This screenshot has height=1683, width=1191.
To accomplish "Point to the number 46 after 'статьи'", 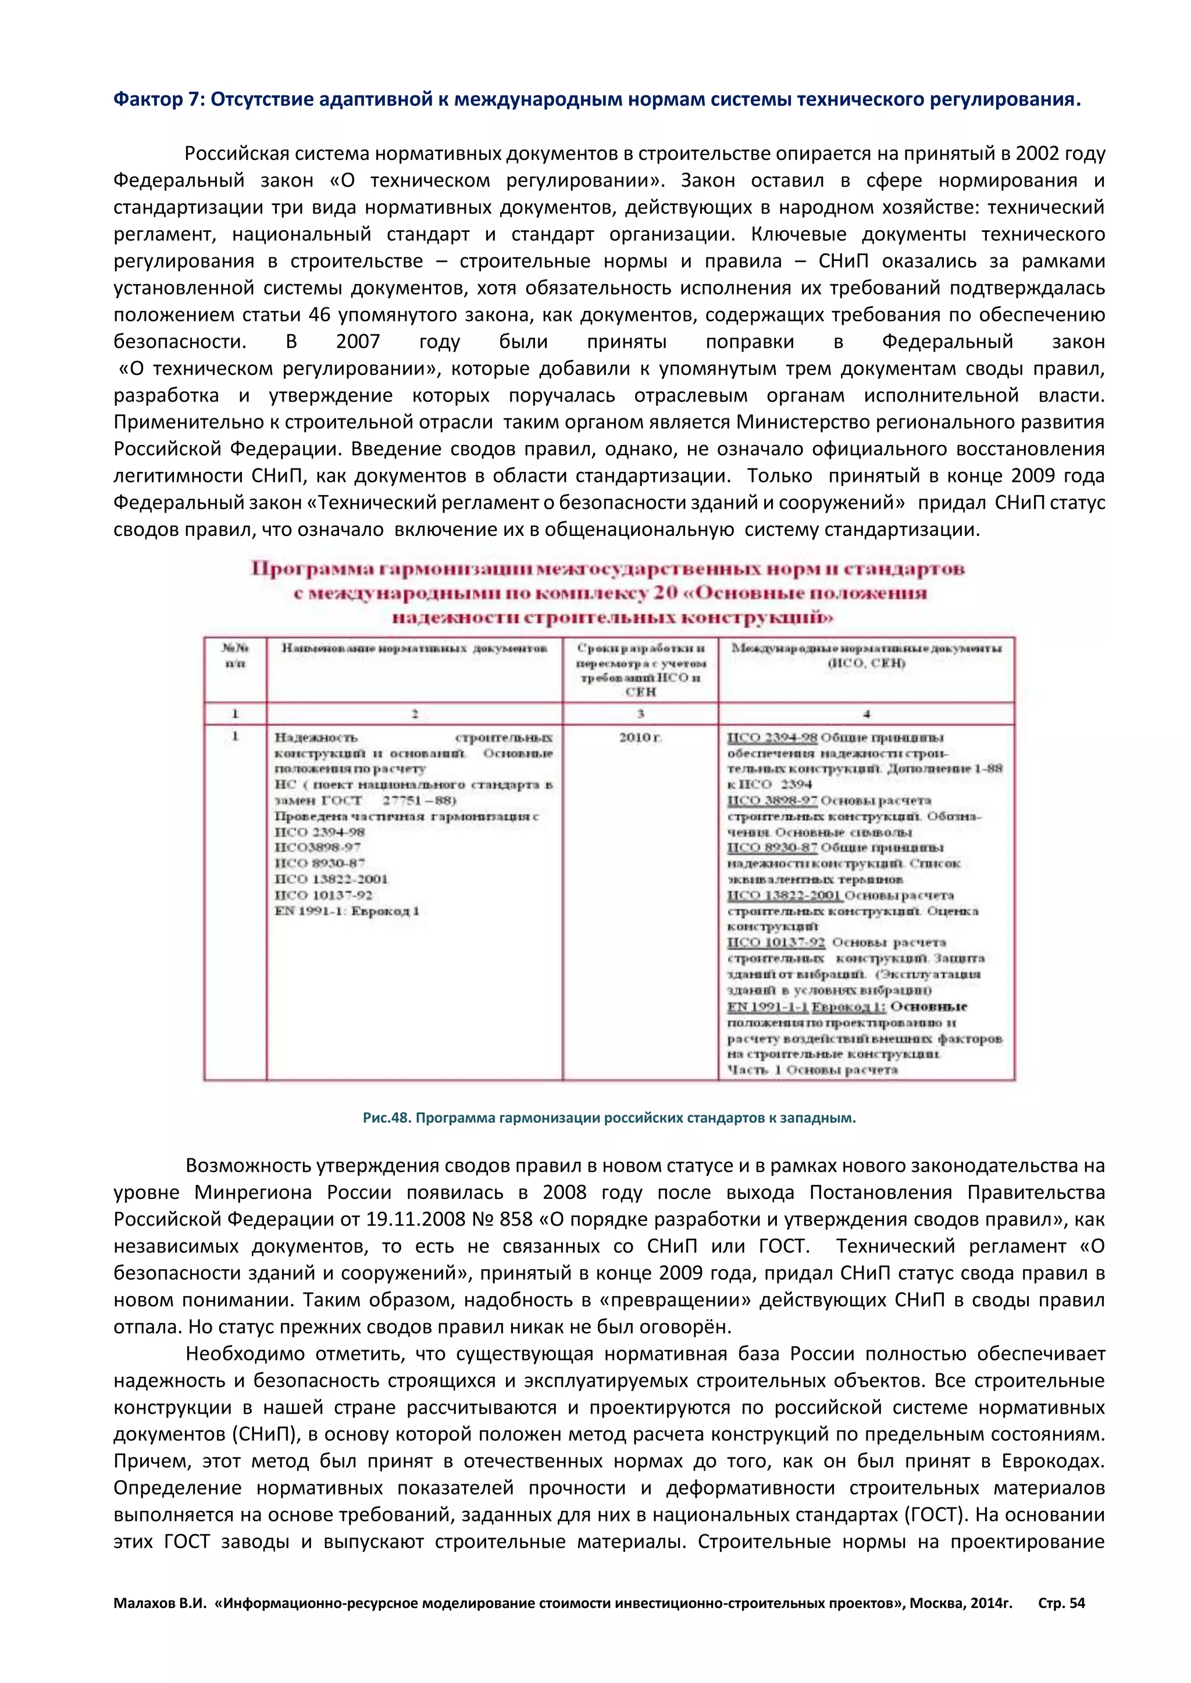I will [320, 315].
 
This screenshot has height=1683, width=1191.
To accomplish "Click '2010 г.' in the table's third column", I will [640, 737].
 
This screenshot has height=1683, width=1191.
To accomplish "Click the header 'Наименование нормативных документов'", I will [415, 648].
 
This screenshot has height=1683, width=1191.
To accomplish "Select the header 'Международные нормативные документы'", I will [866, 648].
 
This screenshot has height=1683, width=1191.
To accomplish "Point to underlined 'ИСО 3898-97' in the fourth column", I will [772, 800].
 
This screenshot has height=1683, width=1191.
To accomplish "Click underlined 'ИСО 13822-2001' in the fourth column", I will [783, 895].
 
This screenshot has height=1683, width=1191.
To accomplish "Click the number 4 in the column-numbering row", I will [866, 713].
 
